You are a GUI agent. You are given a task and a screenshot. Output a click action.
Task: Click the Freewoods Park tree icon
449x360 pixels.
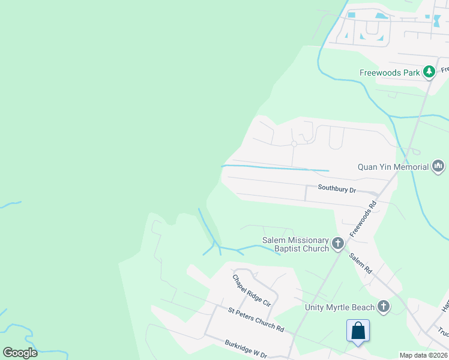pos(429,73)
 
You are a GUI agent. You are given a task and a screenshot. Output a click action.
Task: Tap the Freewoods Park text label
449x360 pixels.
pos(390,73)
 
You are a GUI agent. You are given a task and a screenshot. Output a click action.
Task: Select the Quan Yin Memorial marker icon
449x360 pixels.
pos(438,166)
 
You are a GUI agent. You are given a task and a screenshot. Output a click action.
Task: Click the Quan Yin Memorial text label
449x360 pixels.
pos(393,167)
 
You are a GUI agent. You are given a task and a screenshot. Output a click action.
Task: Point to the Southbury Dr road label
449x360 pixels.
pos(337,188)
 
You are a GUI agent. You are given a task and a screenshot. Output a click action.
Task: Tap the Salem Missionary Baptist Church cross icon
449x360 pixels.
pos(338,244)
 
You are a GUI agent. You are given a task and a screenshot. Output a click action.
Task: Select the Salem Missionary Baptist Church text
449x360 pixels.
pos(295,244)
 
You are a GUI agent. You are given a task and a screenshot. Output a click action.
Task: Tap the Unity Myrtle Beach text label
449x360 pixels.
pos(340,308)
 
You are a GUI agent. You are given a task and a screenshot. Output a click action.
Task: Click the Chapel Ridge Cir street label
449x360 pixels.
pos(252,291)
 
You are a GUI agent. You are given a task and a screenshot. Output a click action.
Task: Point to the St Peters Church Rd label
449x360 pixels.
pos(256,319)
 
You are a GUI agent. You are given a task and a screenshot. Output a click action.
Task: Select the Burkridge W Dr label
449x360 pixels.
pos(246,349)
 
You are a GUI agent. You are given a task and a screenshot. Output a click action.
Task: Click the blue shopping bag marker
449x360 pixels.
pos(358,331)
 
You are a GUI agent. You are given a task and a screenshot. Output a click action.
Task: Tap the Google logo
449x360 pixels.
pos(20,353)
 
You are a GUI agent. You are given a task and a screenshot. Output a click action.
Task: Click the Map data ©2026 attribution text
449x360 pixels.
pos(423,355)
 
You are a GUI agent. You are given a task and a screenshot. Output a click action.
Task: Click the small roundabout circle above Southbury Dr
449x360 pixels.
pos(294,144)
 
